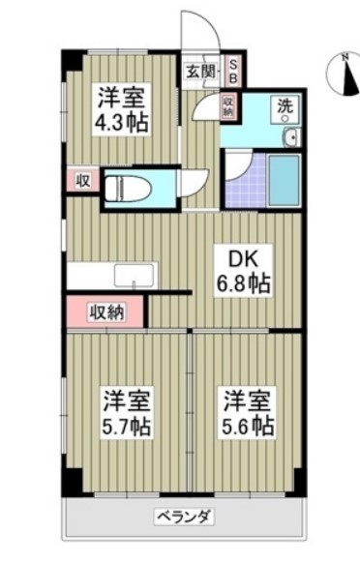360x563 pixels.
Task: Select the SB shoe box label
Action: pyautogui.click(x=231, y=70)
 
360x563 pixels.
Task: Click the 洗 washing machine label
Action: pyautogui.click(x=286, y=107)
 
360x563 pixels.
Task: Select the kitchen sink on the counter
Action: pyautogui.click(x=128, y=275)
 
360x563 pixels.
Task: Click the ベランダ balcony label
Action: pyautogui.click(x=183, y=516)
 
